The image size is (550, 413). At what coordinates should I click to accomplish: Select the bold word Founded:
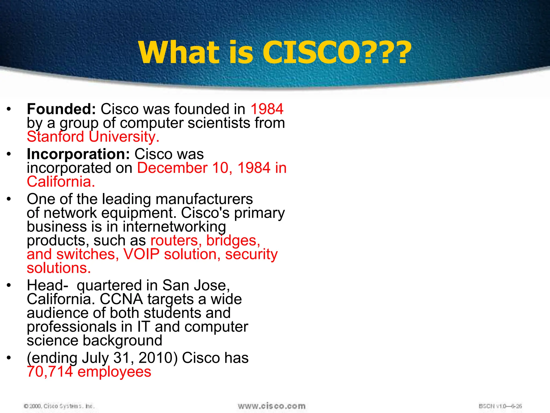pos(61,109)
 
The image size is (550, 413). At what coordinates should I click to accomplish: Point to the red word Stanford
pos(55,137)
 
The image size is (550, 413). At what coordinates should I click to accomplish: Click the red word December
pos(172,168)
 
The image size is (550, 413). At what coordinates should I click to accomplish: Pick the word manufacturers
pos(204,199)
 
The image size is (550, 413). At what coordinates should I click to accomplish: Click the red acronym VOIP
pos(141,254)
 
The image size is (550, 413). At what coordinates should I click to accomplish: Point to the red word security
pos(251,255)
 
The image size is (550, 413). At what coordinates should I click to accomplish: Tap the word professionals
pos(72,327)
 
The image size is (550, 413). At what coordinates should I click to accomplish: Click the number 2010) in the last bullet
pos(158,358)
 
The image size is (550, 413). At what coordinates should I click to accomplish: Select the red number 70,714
pos(50,372)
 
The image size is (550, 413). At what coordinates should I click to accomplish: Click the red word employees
pos(114,372)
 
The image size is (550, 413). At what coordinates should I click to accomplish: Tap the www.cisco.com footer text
pos(272,406)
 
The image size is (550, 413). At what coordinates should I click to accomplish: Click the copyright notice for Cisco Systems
pos(59,406)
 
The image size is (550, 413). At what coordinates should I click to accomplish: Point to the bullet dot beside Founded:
pos(9,109)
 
